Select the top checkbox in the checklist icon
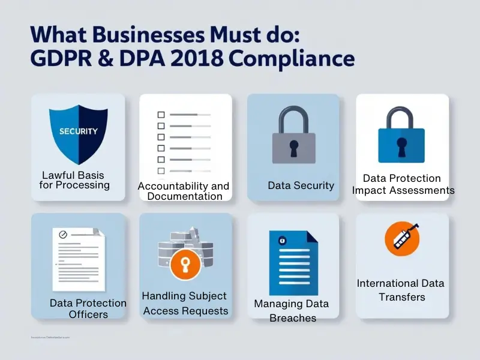161,115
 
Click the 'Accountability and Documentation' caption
184,191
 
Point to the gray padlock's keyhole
293,148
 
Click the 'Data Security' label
301,185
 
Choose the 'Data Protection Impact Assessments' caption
403,184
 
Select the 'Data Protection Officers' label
88,308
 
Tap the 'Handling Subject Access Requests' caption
185,303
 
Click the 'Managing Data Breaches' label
291,310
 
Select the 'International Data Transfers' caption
401,289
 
